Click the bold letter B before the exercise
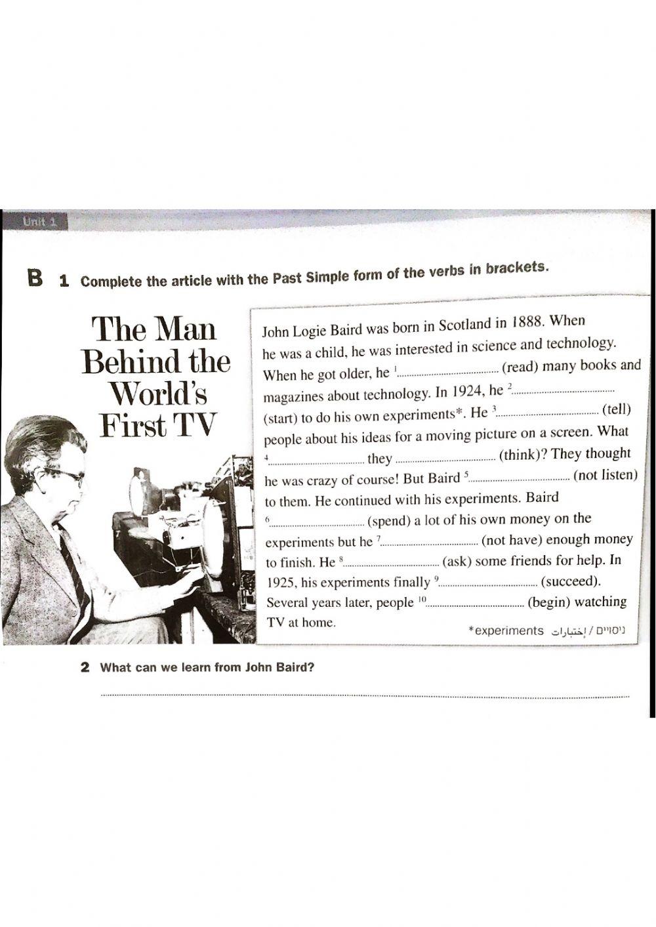click(35, 278)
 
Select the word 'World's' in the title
click(158, 394)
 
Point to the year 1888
click(526, 323)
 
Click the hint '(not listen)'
click(605, 475)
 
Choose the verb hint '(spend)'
click(388, 521)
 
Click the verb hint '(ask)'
click(457, 562)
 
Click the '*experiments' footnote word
click(506, 630)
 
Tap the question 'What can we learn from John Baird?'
click(207, 668)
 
